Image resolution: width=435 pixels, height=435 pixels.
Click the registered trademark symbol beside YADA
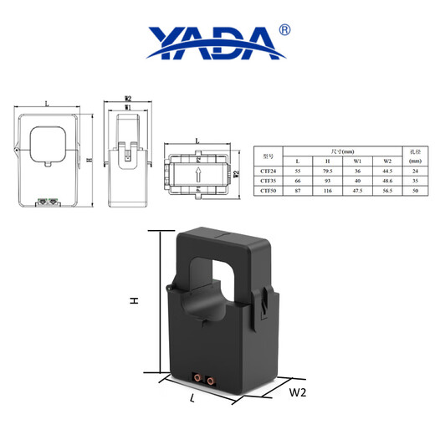(x=284, y=29)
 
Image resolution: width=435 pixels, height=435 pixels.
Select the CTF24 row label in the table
(x=269, y=171)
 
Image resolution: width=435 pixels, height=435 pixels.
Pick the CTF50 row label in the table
(x=269, y=191)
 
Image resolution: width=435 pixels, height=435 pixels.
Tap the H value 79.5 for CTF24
(x=327, y=171)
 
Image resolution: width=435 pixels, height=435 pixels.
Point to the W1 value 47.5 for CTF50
(x=357, y=191)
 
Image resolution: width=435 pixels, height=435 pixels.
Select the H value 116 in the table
(x=327, y=191)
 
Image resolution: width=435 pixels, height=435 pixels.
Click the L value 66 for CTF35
(x=298, y=181)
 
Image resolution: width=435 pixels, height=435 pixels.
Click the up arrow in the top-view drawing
(x=198, y=175)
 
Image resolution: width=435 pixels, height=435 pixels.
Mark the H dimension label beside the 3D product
(x=134, y=301)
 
